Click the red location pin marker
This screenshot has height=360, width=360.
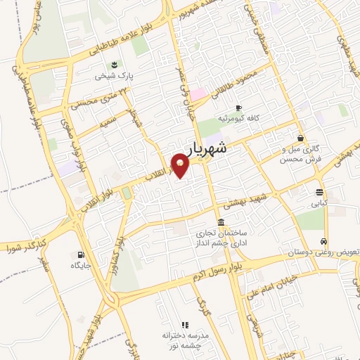[x=181, y=165]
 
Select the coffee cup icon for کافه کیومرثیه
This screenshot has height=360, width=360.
[x=238, y=108]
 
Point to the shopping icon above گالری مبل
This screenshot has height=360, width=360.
[x=301, y=139]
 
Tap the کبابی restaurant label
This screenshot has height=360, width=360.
[x=320, y=203]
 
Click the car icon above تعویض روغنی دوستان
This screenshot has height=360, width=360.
[x=324, y=240]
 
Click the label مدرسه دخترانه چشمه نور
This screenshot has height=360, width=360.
[x=186, y=341]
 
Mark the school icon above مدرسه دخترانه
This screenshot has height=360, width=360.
[x=186, y=325]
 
